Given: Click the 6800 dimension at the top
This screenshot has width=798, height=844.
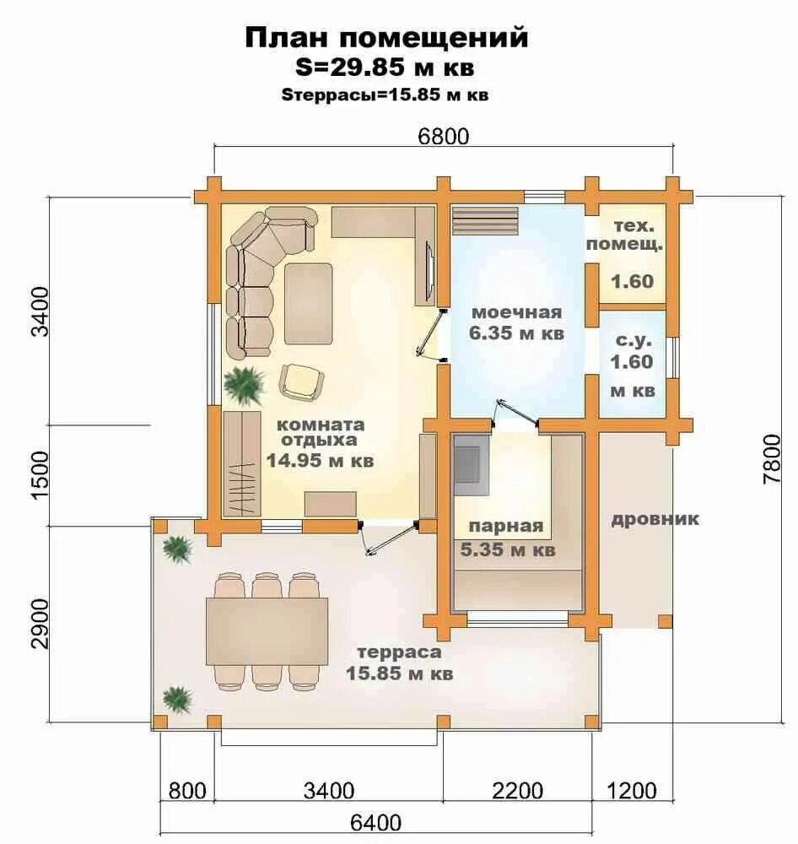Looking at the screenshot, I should (444, 136).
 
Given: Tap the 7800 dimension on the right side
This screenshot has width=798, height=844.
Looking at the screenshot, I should (771, 459).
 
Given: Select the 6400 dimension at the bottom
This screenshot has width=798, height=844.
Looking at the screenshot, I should (376, 821).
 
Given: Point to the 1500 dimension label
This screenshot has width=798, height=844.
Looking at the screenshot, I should (40, 474).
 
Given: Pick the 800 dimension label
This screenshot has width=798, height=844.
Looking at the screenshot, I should (187, 791).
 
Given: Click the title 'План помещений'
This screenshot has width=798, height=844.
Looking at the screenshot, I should (386, 38).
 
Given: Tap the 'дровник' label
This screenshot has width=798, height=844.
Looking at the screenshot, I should (655, 518).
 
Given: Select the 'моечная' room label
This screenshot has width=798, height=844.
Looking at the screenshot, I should (516, 310).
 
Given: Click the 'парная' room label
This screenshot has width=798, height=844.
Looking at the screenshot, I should (506, 527).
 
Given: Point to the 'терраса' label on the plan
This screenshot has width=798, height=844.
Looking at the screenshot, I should (399, 652).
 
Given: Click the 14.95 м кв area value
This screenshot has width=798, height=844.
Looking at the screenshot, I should (320, 461).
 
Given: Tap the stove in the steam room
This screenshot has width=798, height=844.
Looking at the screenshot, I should (471, 463).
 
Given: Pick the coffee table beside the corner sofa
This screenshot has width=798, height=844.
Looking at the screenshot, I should (308, 302).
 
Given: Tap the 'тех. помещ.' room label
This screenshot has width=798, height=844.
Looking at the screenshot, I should (631, 236).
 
